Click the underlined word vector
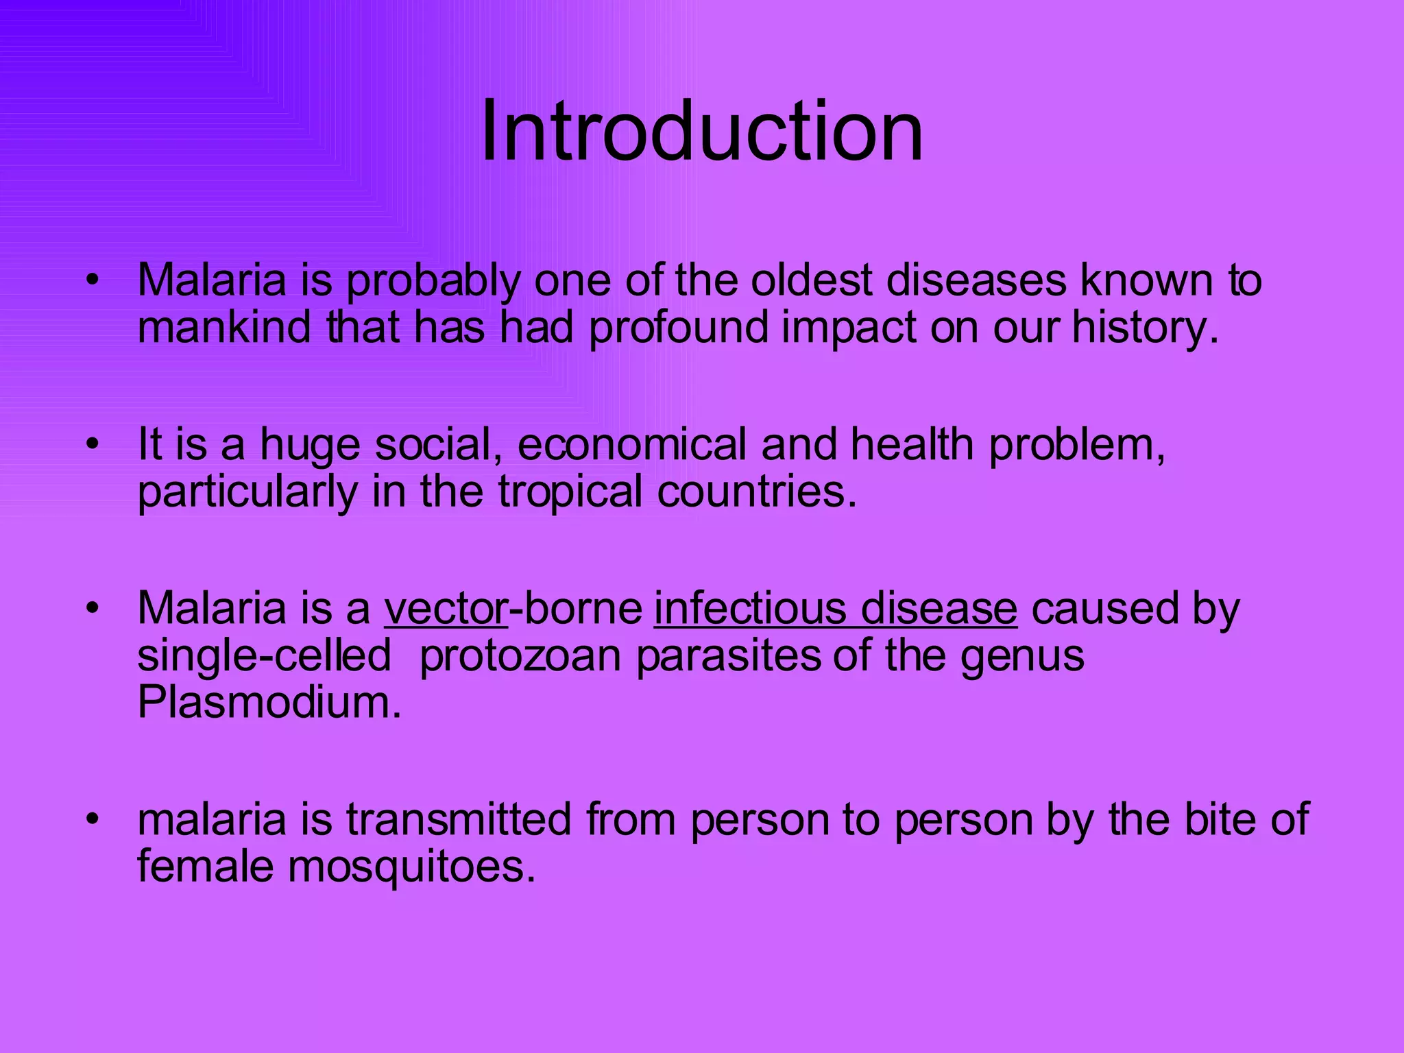tap(446, 609)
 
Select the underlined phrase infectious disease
tap(835, 609)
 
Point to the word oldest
tap(812, 281)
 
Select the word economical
tap(631, 445)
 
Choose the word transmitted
tap(458, 819)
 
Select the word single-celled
tap(264, 656)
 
